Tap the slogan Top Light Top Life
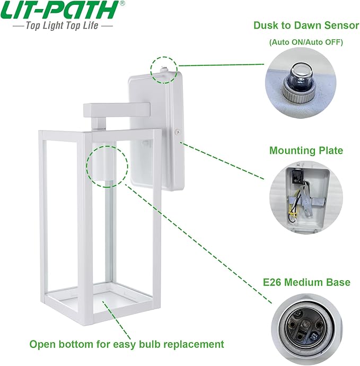[x=63, y=25]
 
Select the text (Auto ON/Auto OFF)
[x=305, y=42]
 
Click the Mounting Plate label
[x=306, y=151]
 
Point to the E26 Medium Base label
[x=305, y=282]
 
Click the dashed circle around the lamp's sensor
[x=163, y=69]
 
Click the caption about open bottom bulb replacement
[x=127, y=344]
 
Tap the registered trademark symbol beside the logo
[x=123, y=3]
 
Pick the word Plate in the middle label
[x=329, y=151]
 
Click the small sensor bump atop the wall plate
[x=163, y=67]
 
